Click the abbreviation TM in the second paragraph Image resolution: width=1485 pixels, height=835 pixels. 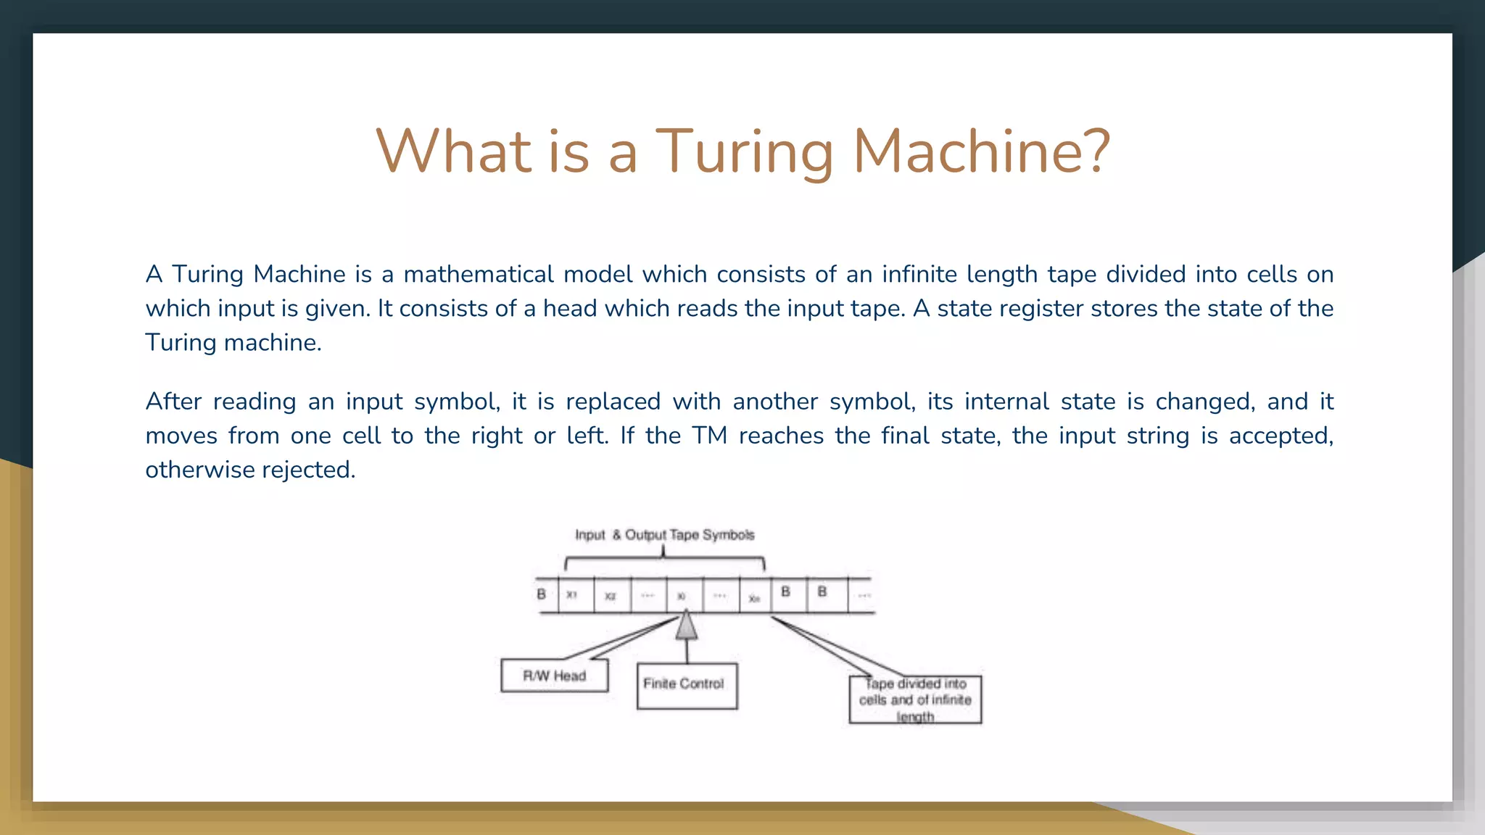pos(709,436)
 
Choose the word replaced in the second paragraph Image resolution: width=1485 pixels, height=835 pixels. pos(613,402)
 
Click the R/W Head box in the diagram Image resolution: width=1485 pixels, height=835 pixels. pos(555,676)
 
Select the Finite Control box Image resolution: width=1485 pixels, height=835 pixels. pos(687,685)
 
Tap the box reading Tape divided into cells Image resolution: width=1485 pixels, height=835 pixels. pos(915,699)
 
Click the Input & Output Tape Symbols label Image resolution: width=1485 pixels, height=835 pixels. pos(664,535)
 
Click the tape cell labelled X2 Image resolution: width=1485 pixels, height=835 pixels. pos(612,595)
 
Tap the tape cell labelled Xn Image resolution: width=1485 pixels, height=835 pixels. pos(755,597)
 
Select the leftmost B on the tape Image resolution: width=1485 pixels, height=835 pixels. pos(541,594)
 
